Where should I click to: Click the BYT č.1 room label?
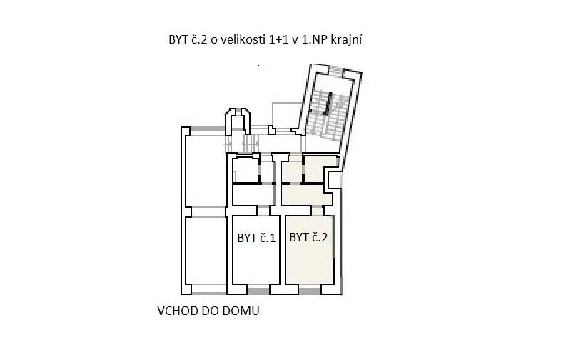tap(256, 239)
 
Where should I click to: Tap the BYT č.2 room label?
tap(308, 238)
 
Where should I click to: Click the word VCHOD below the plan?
tap(178, 311)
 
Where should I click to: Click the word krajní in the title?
tap(346, 40)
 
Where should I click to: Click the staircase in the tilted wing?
tap(328, 115)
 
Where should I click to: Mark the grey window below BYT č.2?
tap(310, 291)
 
